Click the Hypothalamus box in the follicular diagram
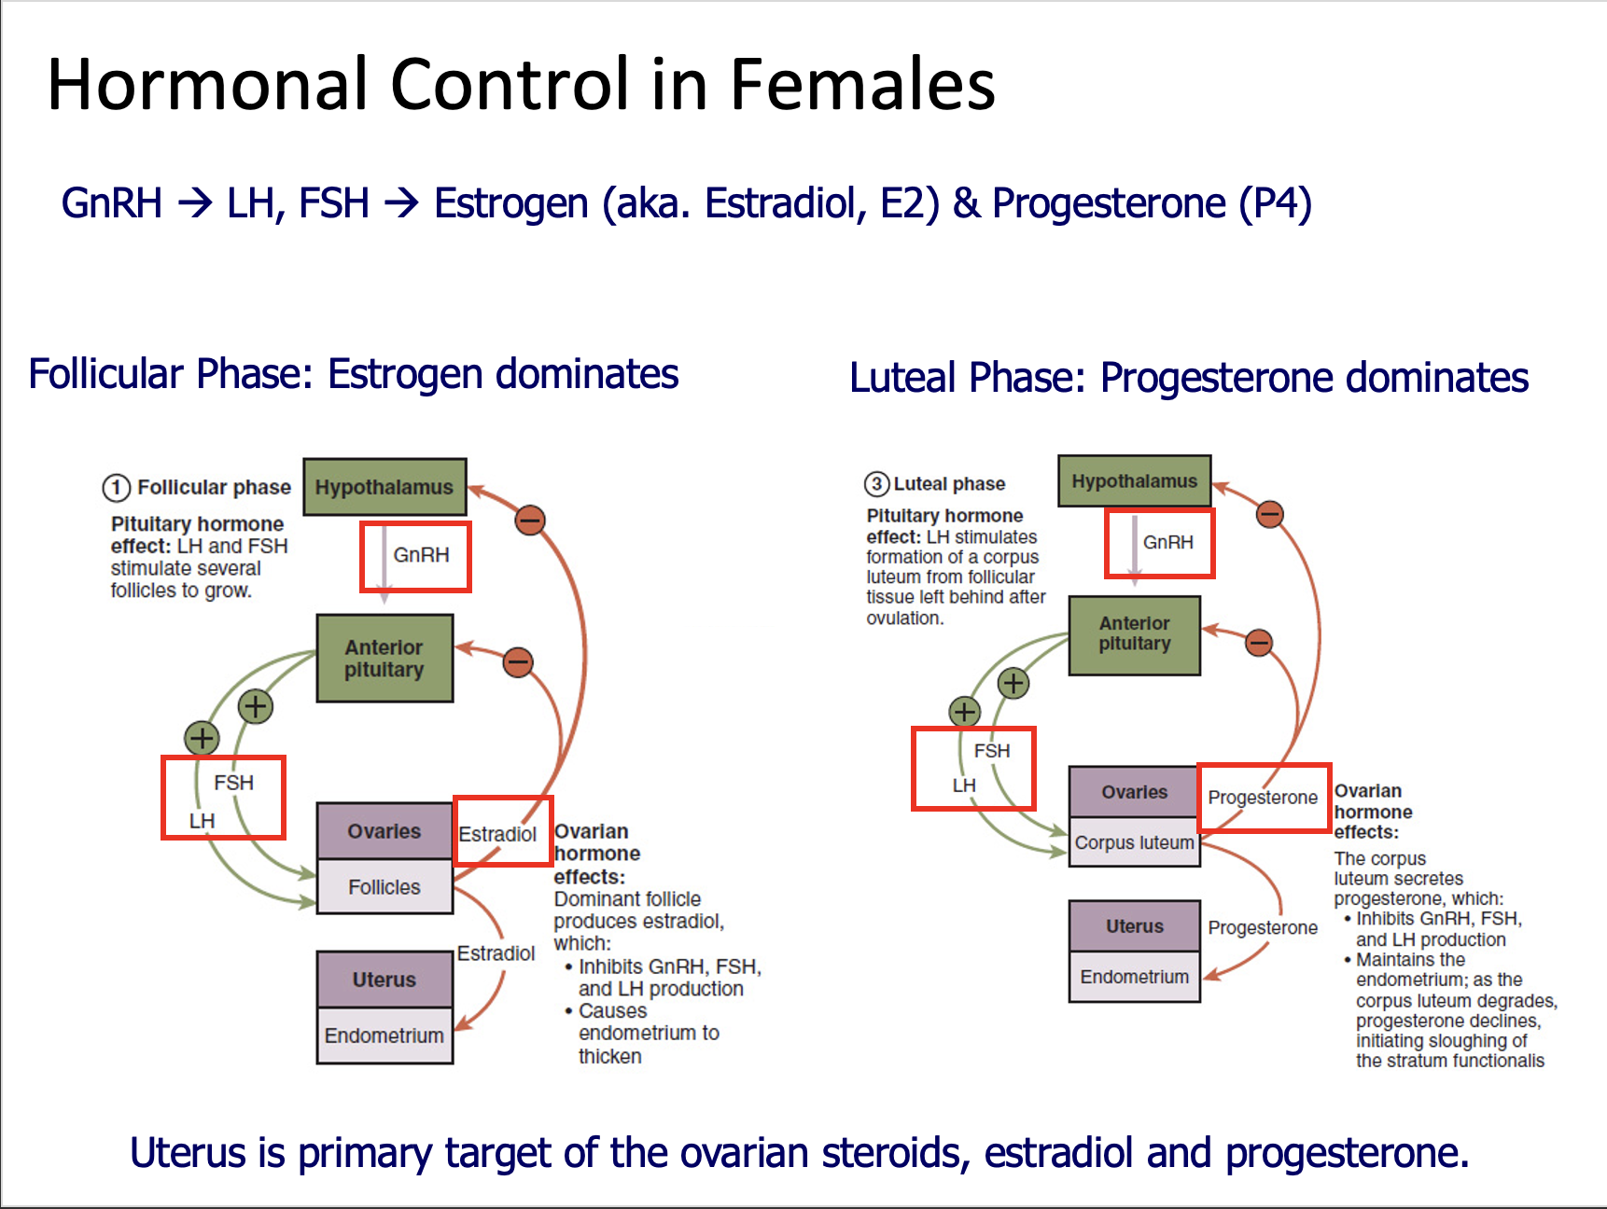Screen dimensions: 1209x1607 [x=384, y=487]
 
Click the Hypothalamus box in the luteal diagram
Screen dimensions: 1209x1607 [x=1134, y=481]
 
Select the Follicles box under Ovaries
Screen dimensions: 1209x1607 [x=384, y=887]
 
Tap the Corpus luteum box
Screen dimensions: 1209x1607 [x=1134, y=842]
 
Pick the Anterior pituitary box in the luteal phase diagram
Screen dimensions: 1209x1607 [x=1134, y=634]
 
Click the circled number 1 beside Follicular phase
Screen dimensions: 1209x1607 [x=116, y=487]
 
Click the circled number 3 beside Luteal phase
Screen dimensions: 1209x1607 [x=876, y=483]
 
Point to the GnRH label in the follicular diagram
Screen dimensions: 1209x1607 [x=421, y=555]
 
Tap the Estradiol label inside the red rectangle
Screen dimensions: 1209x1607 [x=497, y=834]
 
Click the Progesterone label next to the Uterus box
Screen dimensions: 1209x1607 [x=1263, y=927]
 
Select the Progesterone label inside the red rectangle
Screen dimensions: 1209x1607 [x=1263, y=798]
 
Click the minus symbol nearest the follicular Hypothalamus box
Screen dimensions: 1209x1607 [x=530, y=520]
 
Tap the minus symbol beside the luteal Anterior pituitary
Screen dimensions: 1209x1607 [x=1259, y=642]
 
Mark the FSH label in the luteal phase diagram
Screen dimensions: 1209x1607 [x=992, y=751]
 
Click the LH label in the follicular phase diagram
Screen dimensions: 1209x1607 [x=203, y=821]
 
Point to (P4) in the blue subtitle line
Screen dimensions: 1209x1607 [x=1275, y=203]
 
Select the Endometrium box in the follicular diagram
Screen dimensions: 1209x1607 [x=384, y=1035]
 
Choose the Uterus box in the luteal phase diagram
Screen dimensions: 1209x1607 [x=1134, y=926]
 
